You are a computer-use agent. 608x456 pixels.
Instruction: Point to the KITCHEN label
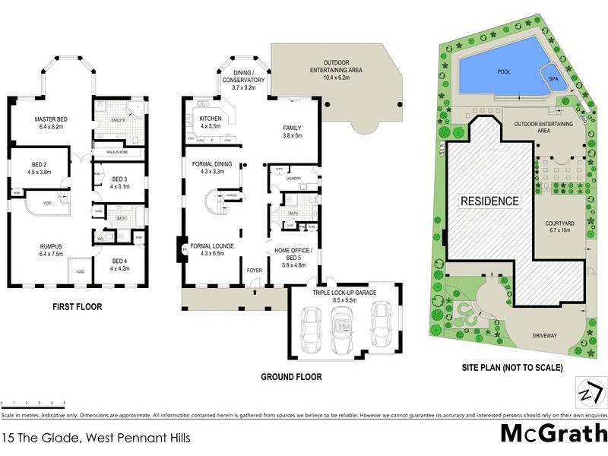coord(210,119)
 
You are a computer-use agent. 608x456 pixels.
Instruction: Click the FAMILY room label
coord(293,128)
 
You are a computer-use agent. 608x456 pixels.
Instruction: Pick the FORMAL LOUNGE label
coord(211,246)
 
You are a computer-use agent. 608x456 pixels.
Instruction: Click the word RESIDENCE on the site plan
coord(489,201)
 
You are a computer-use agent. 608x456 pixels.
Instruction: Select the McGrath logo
coord(554,435)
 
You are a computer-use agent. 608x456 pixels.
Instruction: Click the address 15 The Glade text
coord(95,438)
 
